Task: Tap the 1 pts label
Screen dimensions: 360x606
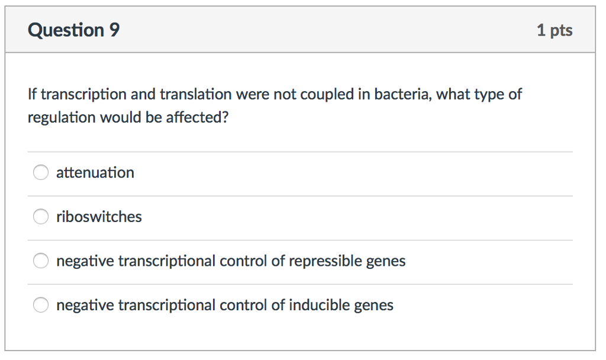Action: [x=555, y=31]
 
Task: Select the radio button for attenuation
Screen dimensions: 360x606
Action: [x=40, y=173]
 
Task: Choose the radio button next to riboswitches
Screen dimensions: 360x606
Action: [x=40, y=217]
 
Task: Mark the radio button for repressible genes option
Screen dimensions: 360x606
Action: [x=40, y=261]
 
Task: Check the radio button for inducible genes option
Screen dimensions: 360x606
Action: [x=40, y=306]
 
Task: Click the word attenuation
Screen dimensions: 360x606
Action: [x=95, y=173]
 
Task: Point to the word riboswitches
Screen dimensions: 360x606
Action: [x=99, y=217]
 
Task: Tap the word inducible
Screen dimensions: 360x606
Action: [x=320, y=306]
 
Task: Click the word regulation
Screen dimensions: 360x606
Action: [x=62, y=118]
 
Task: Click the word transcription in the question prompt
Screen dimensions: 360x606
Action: [x=83, y=95]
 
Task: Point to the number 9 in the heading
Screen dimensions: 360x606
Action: [x=114, y=30]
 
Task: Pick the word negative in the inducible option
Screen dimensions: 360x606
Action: [x=85, y=306]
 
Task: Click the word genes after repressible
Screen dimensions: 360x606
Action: [x=386, y=261]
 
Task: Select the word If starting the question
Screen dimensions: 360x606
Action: [x=32, y=94]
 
